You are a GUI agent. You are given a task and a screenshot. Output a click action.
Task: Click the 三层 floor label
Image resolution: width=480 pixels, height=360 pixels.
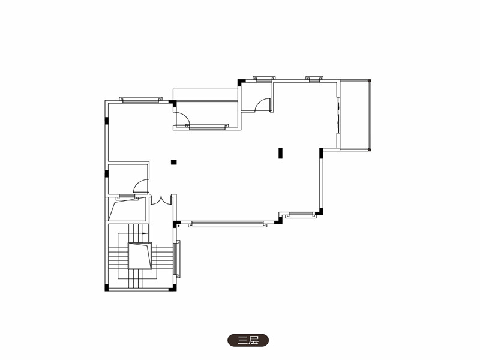pos(248,340)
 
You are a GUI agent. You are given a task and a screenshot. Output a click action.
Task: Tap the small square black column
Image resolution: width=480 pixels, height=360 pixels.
pos(173,162)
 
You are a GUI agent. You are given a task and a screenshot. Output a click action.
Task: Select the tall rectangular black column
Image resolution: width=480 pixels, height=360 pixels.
pos(280,153)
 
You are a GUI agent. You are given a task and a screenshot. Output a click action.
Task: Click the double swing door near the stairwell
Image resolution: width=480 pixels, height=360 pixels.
pos(160,200)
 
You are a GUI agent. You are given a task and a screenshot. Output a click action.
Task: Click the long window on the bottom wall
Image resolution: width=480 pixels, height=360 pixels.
pos(227,223)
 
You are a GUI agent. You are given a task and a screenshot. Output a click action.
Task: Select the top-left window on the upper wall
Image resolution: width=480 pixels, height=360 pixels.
pos(140,100)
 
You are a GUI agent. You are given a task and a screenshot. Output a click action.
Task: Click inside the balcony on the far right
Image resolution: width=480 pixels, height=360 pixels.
pos(355,115)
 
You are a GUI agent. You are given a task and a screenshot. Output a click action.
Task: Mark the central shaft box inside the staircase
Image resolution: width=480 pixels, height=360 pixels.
pos(140,256)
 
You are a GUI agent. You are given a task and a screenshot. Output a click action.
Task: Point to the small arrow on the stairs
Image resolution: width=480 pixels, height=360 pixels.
pos(145,233)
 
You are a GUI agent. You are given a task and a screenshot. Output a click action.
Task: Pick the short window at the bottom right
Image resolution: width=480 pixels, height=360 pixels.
pos(301,214)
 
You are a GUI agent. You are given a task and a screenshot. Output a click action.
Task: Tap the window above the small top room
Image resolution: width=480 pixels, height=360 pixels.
pos(264,79)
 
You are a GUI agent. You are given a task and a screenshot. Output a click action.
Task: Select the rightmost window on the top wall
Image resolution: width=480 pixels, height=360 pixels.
pos(314,79)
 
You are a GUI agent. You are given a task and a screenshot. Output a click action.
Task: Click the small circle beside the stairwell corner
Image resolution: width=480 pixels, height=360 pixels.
pos(178,226)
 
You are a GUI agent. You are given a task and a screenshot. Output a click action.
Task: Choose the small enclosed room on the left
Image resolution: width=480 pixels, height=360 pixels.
pos(127,179)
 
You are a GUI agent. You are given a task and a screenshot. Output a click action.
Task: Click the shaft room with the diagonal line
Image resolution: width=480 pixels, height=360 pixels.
pos(127,209)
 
